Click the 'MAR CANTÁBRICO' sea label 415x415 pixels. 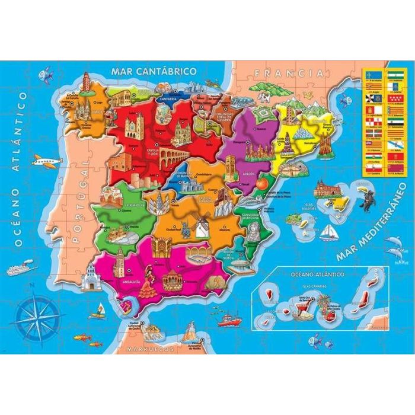coord(153,71)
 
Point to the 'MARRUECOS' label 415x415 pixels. coord(151,349)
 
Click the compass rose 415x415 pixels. coord(37,312)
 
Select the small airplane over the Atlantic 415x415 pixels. coord(46,161)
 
